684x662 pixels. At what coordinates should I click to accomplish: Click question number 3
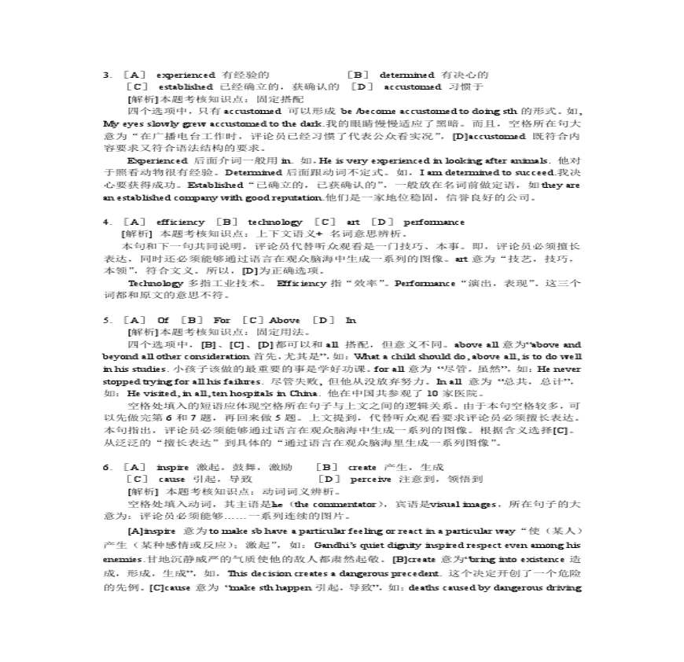(106, 74)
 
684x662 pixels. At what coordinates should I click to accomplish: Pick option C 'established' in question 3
(186, 86)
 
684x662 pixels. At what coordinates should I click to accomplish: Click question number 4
(106, 222)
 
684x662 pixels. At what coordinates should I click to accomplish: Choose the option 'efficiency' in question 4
(180, 222)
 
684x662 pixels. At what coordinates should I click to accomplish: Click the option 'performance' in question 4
(433, 222)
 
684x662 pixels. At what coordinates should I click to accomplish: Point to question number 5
(106, 320)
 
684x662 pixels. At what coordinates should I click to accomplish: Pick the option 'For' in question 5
(222, 320)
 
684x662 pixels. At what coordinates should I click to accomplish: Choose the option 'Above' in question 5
(284, 320)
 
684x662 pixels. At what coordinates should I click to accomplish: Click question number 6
(106, 466)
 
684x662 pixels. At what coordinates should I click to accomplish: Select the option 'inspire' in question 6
(172, 466)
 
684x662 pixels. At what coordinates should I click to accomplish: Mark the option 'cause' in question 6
(171, 479)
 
